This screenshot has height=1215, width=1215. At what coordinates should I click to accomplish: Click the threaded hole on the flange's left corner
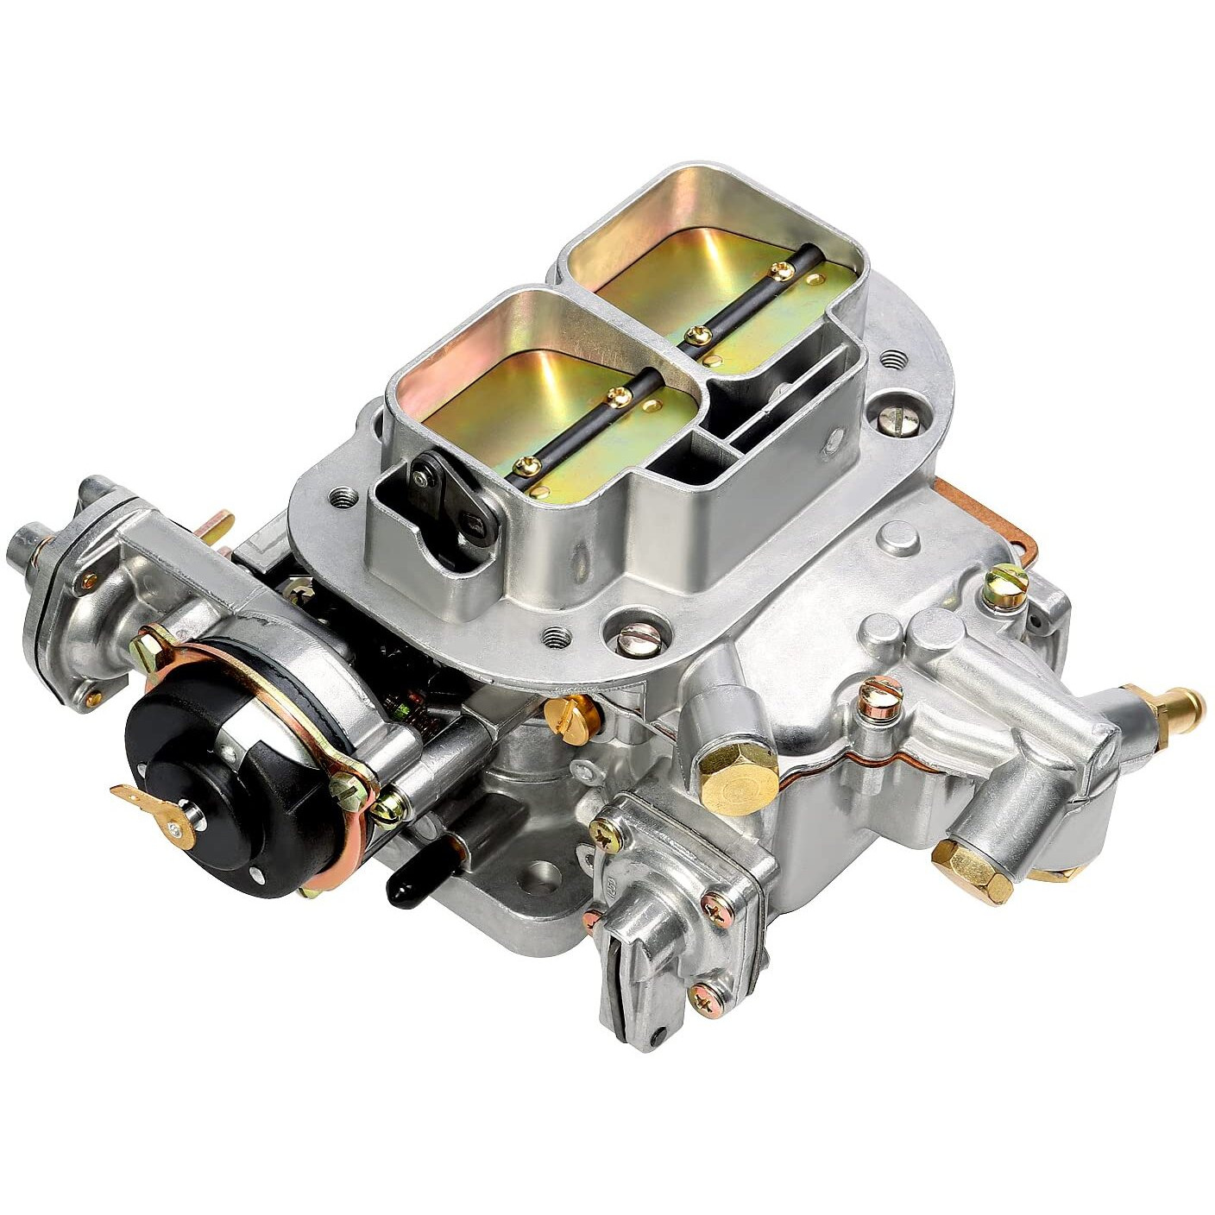(x=343, y=498)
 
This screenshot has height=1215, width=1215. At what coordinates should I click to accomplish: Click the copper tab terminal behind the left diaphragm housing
(x=219, y=524)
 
